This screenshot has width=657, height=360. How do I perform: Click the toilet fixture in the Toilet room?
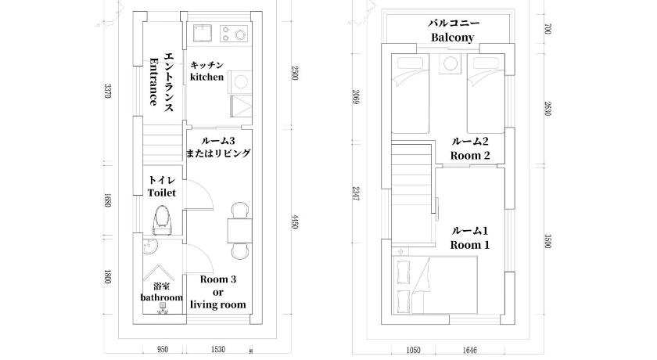(162, 220)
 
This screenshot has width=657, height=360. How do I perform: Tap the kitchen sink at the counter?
(203, 32)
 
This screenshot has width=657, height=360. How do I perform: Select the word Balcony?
(453, 38)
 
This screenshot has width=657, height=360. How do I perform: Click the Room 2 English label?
(470, 156)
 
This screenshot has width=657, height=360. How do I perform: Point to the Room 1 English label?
(470, 245)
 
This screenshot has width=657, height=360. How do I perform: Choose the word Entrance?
(154, 81)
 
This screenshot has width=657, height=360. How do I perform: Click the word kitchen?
(207, 77)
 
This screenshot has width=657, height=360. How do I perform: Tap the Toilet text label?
(162, 193)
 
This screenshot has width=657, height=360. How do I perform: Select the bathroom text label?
(161, 297)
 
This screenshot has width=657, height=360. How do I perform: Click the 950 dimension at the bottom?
(162, 350)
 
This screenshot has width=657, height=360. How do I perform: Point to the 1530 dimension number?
(218, 350)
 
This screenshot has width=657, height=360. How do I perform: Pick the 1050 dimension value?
(414, 350)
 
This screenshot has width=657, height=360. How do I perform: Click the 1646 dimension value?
(469, 350)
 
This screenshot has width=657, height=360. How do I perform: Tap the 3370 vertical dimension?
(108, 91)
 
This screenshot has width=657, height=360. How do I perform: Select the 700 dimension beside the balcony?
(547, 28)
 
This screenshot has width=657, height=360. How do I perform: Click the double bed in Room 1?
(435, 285)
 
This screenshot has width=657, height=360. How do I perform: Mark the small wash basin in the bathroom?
(149, 247)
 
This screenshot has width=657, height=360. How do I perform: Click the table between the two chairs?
(240, 231)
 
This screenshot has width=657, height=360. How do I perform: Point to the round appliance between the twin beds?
(450, 64)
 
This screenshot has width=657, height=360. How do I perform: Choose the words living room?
(218, 304)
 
